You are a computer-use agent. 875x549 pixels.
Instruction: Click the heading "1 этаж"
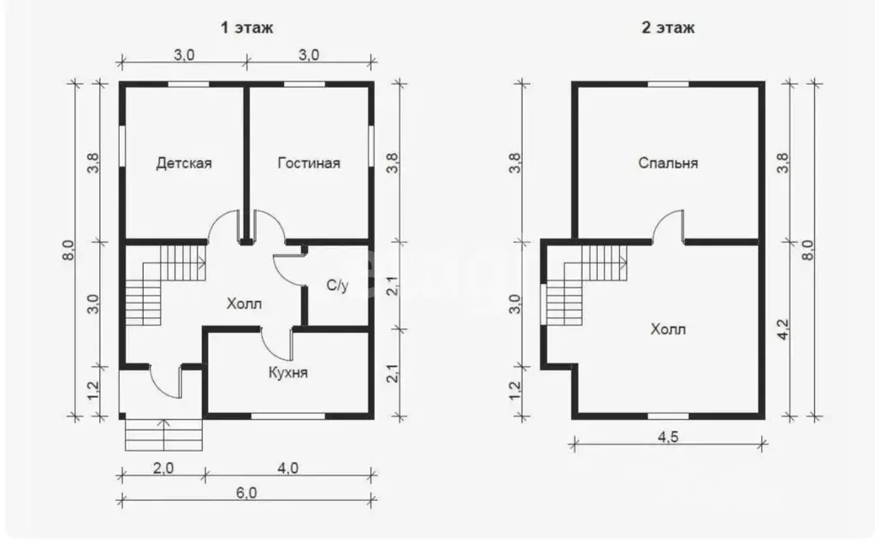(x=247, y=27)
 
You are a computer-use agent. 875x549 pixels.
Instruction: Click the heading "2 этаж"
(x=668, y=27)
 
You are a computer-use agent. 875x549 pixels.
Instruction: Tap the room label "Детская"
(x=184, y=163)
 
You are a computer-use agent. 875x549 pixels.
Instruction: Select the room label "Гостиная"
(x=309, y=163)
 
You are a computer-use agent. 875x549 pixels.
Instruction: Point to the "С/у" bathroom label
(x=337, y=286)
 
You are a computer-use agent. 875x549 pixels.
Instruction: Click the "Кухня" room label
(x=288, y=372)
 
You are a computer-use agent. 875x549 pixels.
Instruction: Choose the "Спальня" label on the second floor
(x=668, y=163)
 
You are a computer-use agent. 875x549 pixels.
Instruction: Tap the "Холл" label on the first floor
(x=244, y=304)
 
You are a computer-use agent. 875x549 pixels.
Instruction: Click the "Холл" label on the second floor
(x=668, y=329)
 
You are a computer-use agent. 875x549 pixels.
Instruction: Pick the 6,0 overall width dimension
(x=246, y=493)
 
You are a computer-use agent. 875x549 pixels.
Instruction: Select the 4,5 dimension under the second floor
(x=668, y=437)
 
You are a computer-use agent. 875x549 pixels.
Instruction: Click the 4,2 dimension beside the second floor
(x=783, y=329)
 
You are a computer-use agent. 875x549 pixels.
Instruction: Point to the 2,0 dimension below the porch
(x=163, y=468)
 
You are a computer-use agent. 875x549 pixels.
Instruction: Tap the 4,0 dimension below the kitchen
(x=287, y=468)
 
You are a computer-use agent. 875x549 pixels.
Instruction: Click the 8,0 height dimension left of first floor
(x=68, y=250)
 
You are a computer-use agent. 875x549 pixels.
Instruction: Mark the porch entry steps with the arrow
(x=163, y=434)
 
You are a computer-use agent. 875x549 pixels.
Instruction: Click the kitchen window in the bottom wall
(x=288, y=416)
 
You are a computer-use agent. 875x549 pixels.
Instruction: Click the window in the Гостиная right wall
(x=370, y=146)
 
